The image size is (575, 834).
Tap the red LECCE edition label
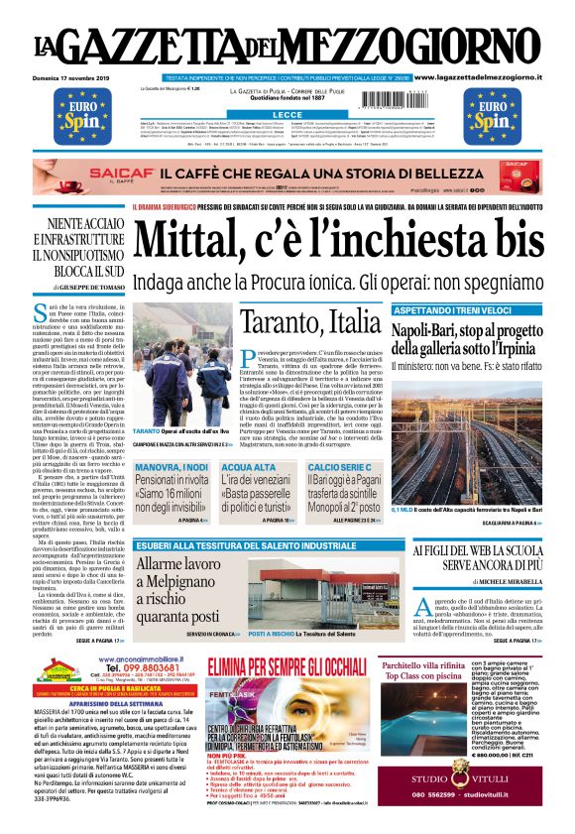287,116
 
